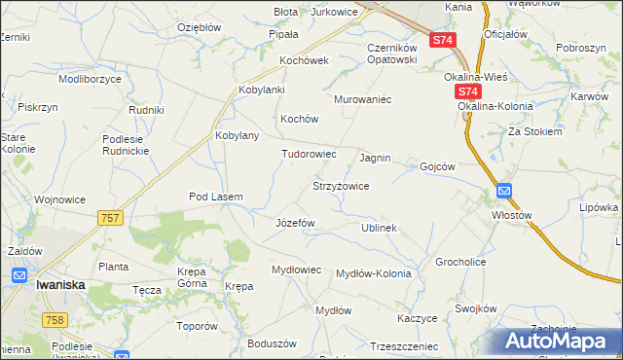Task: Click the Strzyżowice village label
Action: click(340, 185)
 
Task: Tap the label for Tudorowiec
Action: click(309, 154)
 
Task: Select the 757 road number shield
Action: click(110, 218)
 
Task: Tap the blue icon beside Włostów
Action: click(503, 191)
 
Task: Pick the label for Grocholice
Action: click(460, 262)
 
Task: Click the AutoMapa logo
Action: click(558, 342)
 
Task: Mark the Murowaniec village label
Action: click(362, 99)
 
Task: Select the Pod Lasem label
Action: click(215, 197)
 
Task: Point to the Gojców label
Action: click(437, 166)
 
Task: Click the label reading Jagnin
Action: click(375, 157)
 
